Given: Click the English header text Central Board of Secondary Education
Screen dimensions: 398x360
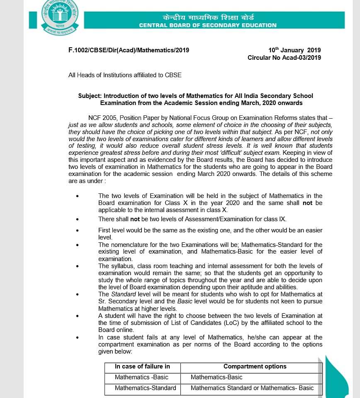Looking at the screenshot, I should coord(208,25).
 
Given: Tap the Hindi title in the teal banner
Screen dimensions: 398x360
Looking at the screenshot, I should coord(208,17).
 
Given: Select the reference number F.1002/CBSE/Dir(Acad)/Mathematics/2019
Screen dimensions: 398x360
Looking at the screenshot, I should coord(129,50).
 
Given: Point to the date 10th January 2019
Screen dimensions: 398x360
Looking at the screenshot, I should coord(294,50).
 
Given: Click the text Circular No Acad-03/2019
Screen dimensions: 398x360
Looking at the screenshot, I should coord(284,58).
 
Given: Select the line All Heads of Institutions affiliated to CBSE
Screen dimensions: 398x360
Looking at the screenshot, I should coord(125,75).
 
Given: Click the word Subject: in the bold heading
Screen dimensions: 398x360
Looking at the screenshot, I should coord(90,96).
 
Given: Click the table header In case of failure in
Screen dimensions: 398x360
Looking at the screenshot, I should coord(142,366).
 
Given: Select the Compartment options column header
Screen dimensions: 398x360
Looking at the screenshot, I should coord(255,366).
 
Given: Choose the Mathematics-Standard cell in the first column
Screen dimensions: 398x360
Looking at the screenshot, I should coord(145,388).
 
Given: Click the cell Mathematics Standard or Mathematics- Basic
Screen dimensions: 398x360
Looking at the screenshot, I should coord(252,388).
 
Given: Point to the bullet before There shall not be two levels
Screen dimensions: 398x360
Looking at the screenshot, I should coord(77,220).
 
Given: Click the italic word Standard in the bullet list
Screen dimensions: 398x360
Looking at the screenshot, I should coord(121,294).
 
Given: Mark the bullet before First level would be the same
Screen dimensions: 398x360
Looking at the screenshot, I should coord(77,230).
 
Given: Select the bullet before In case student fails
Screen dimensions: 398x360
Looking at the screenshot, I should coord(77,338).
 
